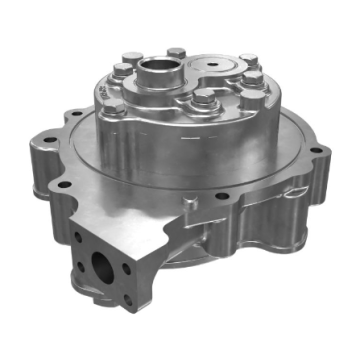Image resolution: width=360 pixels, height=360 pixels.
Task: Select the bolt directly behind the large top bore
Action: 177,51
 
